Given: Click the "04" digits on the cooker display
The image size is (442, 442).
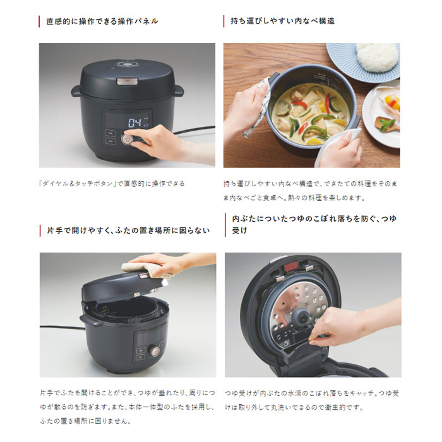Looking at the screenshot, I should [x=134, y=122].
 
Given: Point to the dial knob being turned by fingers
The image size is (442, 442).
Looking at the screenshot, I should [x=129, y=139].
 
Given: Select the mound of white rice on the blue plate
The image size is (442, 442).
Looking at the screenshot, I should [x=377, y=57].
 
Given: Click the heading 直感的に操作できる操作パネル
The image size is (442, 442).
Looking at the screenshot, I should [x=102, y=21].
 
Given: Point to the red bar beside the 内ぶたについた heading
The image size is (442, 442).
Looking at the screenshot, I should [x=225, y=224].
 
